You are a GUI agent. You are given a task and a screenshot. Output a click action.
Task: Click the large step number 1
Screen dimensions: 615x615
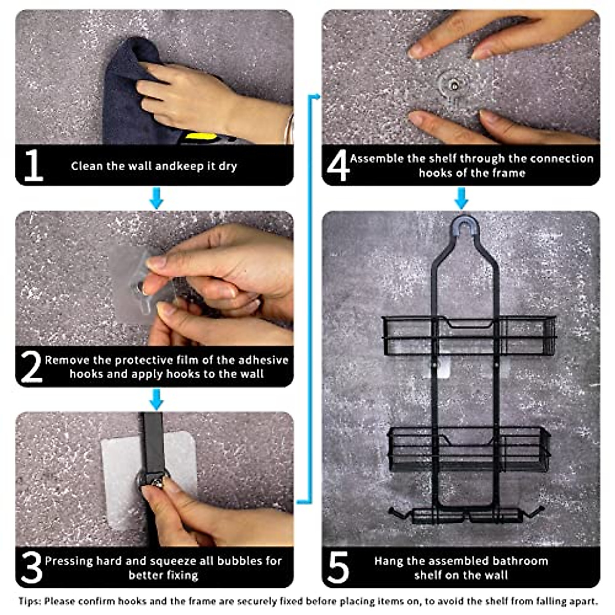coord(33,165)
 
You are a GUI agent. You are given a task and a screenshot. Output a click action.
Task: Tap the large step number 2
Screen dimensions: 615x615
coord(31,366)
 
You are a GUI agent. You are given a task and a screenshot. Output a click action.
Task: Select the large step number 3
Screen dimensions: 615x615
coord(31,567)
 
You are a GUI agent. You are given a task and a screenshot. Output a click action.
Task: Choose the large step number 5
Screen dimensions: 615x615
coord(338,567)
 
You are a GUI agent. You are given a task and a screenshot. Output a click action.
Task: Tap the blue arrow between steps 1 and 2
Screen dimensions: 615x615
coord(156,198)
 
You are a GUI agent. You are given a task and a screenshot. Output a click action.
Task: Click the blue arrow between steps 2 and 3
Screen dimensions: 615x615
coord(156,399)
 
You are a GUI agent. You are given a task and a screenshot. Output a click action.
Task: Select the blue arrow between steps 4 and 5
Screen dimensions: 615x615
coord(461,198)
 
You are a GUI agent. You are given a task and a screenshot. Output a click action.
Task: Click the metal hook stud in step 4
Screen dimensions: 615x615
coord(453,83)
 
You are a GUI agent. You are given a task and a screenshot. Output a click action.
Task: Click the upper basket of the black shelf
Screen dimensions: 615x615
coord(469,336)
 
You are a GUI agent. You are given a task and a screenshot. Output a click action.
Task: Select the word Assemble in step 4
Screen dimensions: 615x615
coord(377,158)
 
